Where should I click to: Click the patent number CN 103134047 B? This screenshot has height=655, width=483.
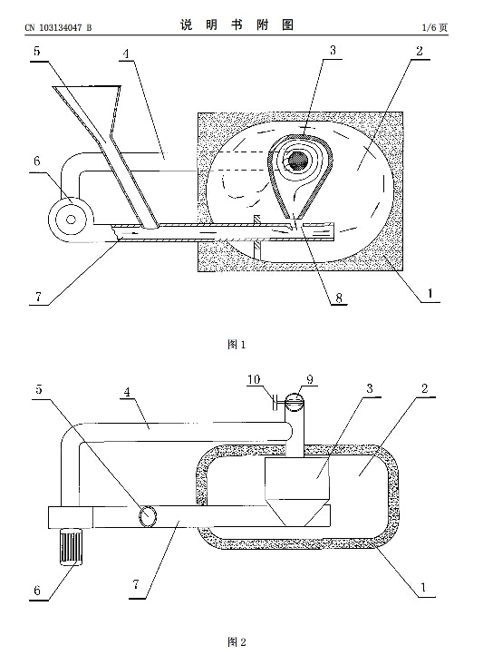(x=58, y=28)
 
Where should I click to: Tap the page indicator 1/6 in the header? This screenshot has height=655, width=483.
(x=430, y=27)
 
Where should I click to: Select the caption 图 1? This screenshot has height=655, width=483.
(x=237, y=345)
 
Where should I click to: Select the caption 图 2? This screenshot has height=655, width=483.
(x=237, y=641)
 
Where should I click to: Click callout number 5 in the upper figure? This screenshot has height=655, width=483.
(x=37, y=52)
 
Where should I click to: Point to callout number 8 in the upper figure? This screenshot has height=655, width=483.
(x=339, y=298)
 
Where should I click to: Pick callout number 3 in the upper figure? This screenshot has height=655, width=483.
(x=333, y=51)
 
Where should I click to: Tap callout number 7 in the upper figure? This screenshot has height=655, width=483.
(x=38, y=297)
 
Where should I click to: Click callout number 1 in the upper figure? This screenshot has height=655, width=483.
(x=430, y=293)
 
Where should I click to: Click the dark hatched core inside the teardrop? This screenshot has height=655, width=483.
(x=298, y=160)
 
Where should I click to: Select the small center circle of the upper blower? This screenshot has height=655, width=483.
(x=71, y=219)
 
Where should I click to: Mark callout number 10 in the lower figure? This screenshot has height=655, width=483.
(x=254, y=379)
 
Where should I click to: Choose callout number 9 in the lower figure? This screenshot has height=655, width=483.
(x=310, y=379)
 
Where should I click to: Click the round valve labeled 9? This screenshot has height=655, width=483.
(x=295, y=403)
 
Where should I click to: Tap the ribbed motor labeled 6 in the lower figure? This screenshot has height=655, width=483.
(x=71, y=547)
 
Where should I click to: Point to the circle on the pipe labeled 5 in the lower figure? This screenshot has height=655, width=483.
(x=149, y=516)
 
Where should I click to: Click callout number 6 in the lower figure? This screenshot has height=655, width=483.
(x=37, y=591)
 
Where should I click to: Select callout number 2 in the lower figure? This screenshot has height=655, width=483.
(x=425, y=389)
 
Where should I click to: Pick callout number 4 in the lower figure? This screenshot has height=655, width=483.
(x=127, y=392)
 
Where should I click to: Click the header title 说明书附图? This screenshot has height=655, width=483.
(x=237, y=25)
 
